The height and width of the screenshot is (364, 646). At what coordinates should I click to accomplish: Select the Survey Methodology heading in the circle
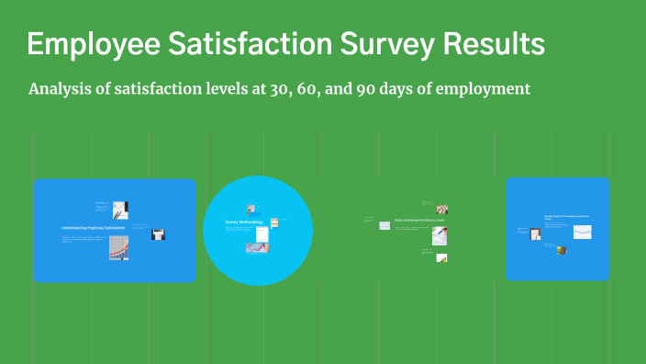tap(243, 222)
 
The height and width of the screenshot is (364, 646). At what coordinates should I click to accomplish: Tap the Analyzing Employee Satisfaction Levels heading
tap(419, 221)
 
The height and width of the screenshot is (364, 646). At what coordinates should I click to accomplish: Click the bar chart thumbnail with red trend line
tap(118, 247)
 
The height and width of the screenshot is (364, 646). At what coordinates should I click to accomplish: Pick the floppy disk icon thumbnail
tap(158, 234)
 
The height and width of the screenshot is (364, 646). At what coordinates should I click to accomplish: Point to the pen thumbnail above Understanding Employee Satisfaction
tap(120, 209)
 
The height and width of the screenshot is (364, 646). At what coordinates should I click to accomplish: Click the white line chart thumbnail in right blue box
tap(583, 233)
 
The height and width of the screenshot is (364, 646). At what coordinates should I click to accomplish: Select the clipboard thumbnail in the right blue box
tap(535, 234)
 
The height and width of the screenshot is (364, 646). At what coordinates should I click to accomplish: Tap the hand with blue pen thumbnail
tap(440, 235)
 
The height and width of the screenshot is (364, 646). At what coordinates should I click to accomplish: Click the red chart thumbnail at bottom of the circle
tap(257, 247)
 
